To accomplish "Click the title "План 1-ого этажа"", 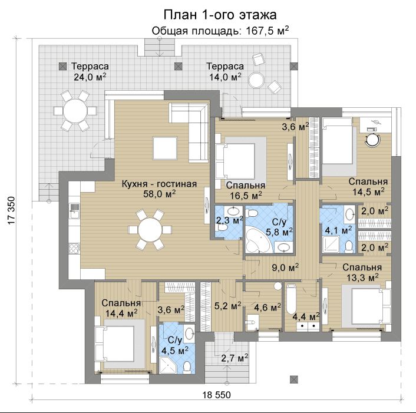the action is (220, 15).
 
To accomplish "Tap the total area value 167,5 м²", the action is (268, 31).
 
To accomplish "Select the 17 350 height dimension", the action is (11, 211).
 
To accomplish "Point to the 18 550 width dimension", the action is (217, 395).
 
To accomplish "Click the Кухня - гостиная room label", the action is (159, 184).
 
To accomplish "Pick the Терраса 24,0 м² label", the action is (90, 71).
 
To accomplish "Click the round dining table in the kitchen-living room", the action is (150, 229).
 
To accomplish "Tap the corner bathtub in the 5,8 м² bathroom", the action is (258, 241).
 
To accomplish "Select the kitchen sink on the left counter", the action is (74, 210).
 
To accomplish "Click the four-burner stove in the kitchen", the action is (74, 249).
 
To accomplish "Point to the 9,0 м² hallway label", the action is (285, 267).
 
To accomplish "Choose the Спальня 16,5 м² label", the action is (246, 190).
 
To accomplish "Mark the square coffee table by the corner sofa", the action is (165, 148).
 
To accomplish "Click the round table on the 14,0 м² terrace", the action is (256, 80).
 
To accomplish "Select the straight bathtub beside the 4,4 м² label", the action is (291, 299).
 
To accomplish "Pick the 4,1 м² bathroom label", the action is (339, 230).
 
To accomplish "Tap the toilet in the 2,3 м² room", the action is (222, 227).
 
